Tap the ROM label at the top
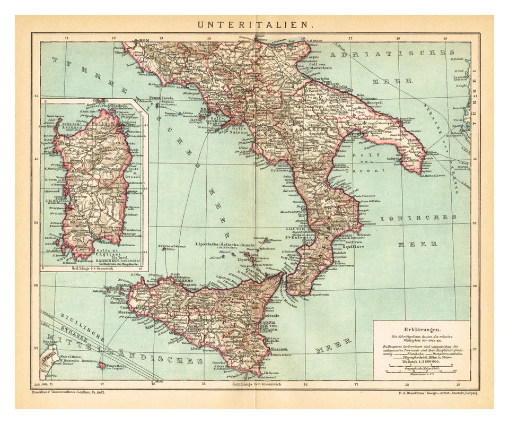144,41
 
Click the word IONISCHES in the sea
416,217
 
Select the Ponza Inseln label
177,97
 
